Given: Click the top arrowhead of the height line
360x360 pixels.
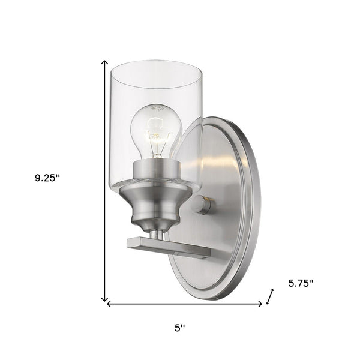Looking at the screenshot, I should point(105,62).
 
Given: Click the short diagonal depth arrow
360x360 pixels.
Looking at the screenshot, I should point(271,296).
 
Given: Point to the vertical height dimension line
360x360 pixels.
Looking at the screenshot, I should point(105,180).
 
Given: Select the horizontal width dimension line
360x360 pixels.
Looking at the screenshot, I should point(184,304).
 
